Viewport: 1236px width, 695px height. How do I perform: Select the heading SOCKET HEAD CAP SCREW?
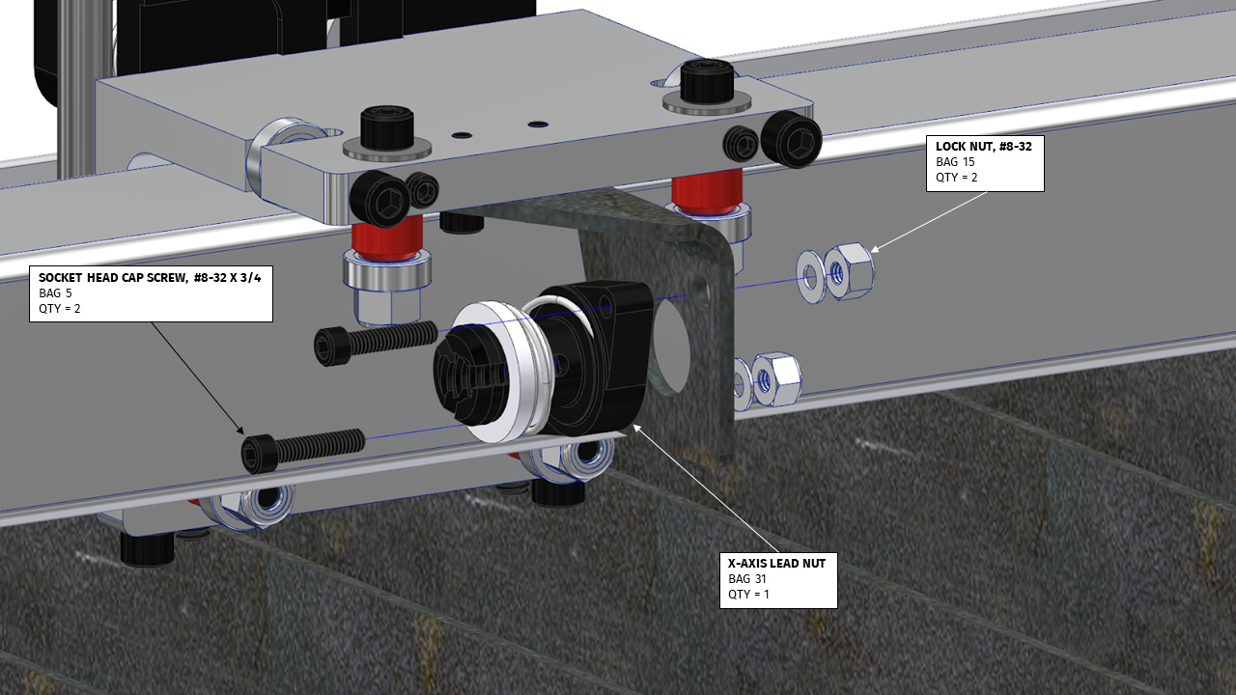(150, 277)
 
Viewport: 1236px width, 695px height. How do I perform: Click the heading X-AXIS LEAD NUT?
(776, 563)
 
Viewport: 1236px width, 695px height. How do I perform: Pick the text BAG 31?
(748, 578)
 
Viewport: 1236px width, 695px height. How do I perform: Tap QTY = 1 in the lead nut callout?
(750, 594)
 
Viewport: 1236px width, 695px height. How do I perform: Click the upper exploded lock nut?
(850, 270)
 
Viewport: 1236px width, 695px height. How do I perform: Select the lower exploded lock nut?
(775, 377)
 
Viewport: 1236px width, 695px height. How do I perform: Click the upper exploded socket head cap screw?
(377, 340)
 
